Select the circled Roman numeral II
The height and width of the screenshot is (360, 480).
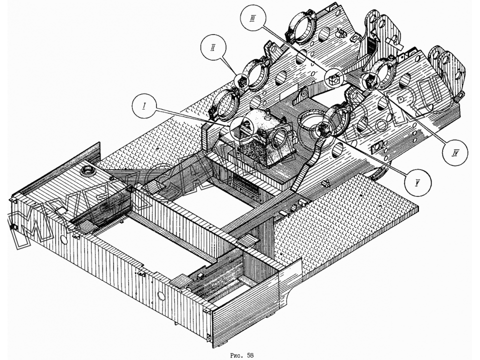tap(213, 47)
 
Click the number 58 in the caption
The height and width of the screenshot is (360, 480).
tap(250, 355)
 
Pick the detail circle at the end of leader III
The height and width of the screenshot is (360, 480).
tap(334, 77)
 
